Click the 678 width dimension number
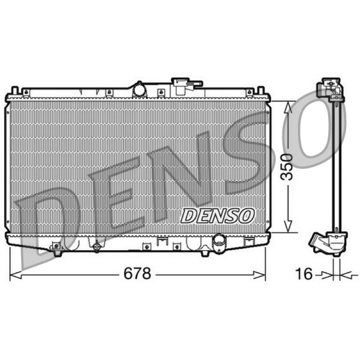[137, 273]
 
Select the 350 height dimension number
[287, 166]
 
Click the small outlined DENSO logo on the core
[217, 216]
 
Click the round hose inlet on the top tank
[139, 90]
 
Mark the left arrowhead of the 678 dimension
[16, 275]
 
